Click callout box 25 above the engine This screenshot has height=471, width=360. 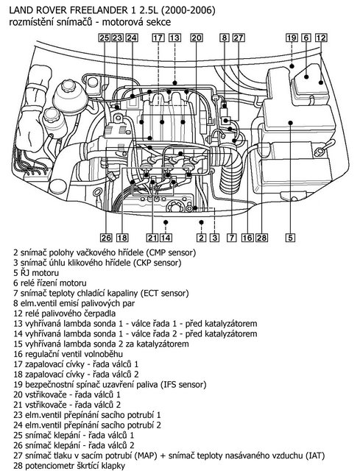(105, 37)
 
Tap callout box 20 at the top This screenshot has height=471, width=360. (196, 37)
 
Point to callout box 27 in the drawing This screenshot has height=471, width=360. (238, 37)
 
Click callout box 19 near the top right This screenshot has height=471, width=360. (292, 37)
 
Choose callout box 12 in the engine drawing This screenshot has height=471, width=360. (320, 37)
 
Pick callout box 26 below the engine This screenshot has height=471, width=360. (105, 238)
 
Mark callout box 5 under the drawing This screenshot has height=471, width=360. (291, 238)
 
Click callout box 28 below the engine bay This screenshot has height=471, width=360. (260, 238)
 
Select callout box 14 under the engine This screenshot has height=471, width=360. (166, 238)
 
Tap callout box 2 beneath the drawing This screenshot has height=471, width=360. (200, 238)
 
